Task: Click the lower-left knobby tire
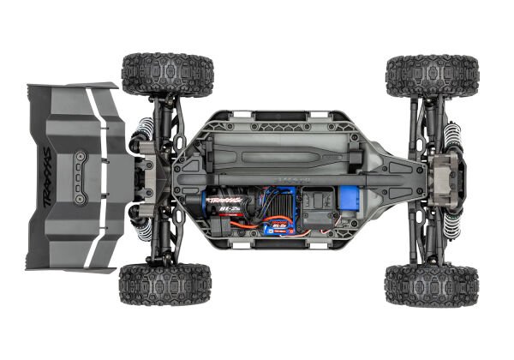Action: click(165, 285)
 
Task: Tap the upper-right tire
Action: click(432, 76)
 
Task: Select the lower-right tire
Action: click(431, 285)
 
